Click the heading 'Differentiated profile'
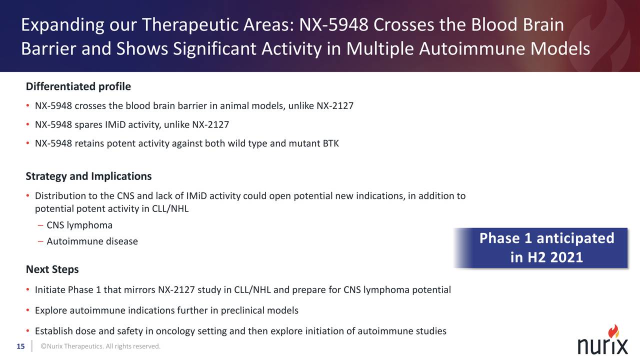tap(78, 86)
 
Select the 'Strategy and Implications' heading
tap(88, 176)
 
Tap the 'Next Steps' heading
tap(52, 269)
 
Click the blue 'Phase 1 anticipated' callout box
tap(541, 248)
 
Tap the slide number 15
tap(20, 346)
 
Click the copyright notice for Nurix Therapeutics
tap(100, 346)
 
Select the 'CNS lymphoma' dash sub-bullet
tap(79, 225)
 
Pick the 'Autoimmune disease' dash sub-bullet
tap(92, 241)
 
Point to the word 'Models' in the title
tap(560, 49)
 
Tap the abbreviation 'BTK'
tap(330, 144)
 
